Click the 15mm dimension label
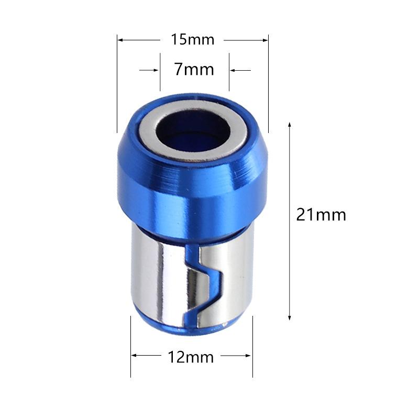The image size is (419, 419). click(x=193, y=39)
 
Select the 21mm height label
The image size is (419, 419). click(x=321, y=215)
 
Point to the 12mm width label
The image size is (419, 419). click(x=191, y=357)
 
